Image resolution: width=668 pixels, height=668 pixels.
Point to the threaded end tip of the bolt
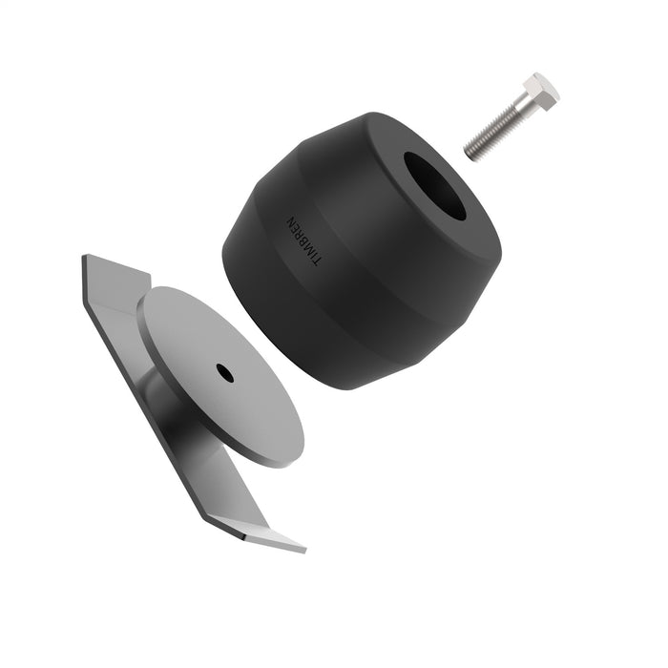(470, 152)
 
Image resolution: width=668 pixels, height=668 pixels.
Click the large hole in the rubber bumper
(435, 184)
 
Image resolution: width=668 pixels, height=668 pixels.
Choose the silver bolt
(511, 116)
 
